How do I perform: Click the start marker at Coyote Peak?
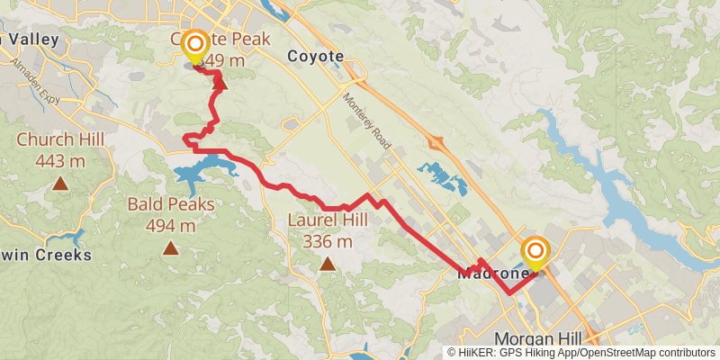pos(193,43)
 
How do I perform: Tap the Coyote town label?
pos(315,56)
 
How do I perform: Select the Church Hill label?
pos(60,139)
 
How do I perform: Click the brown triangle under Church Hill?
pos(60,184)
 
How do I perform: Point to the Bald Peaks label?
pos(171,204)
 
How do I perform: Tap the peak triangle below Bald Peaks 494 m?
pos(171,248)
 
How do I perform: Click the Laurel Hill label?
pos(328,220)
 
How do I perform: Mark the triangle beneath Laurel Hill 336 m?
pos(328,264)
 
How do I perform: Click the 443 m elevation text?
pos(60,161)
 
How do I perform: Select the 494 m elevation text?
pos(171,226)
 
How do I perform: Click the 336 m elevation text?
pos(328,241)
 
